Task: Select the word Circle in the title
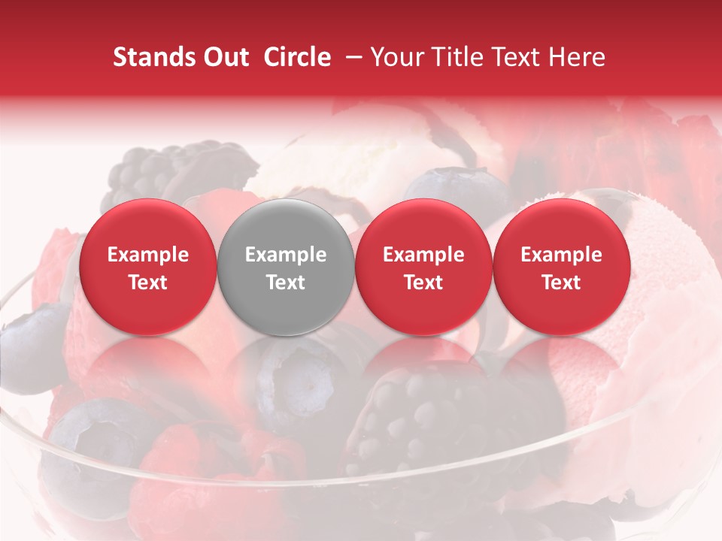tap(297, 57)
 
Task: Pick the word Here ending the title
tap(578, 57)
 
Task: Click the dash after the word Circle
tap(350, 57)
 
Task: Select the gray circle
tap(286, 267)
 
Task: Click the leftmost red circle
tap(148, 267)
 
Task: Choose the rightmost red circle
tap(562, 267)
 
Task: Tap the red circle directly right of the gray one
tap(423, 267)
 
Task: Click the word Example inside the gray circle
tap(286, 255)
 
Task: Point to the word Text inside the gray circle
tap(286, 283)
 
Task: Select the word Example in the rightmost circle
tap(562, 255)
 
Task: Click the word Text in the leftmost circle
tap(148, 283)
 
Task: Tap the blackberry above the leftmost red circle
tap(162, 169)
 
